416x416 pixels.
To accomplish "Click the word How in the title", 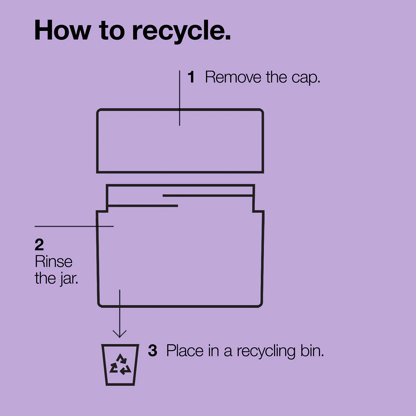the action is click(62, 30).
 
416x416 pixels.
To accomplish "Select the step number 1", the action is click(191, 77).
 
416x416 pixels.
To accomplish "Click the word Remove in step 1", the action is click(233, 77).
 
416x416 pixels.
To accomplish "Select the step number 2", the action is click(39, 245).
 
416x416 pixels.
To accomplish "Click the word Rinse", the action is click(53, 261).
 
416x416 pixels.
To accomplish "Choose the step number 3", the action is click(153, 351).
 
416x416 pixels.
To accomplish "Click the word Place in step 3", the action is click(185, 351).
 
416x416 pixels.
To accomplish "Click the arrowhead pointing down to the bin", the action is click(119, 334).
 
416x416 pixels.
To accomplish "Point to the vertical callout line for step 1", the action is click(179, 98).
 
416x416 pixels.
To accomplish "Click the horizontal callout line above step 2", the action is click(74, 226).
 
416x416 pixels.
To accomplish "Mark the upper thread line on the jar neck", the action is click(208, 196).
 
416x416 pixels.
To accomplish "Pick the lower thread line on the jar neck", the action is click(143, 206).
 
